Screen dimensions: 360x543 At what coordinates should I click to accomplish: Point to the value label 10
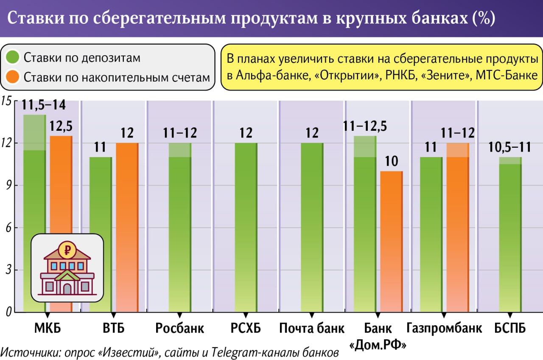click(391, 162)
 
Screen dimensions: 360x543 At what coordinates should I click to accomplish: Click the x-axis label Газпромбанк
click(444, 328)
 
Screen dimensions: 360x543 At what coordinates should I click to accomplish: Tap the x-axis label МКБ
click(47, 328)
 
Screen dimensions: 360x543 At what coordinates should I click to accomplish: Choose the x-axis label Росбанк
click(180, 328)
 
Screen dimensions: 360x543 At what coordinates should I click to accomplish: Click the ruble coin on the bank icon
click(67, 250)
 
